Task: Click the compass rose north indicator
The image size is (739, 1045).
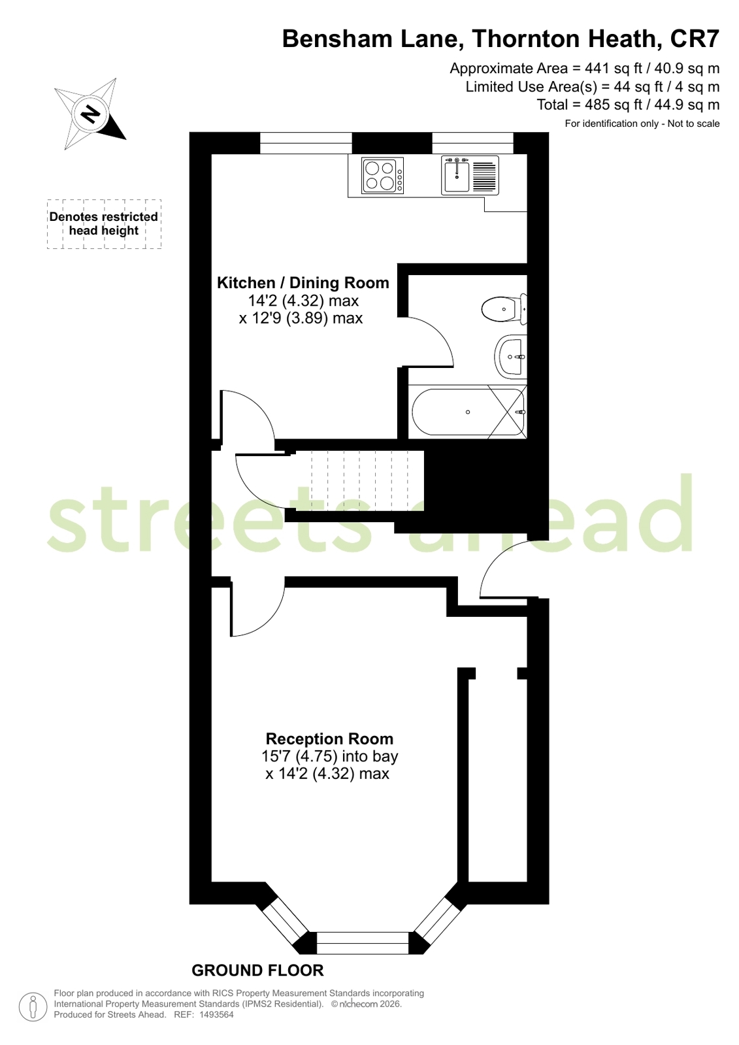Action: pos(90,114)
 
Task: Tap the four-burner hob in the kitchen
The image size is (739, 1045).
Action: pos(382,176)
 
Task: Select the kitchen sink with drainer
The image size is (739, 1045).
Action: pos(470,175)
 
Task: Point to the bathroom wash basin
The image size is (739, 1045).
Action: pos(511,357)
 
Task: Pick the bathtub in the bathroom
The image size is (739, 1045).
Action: pos(468,412)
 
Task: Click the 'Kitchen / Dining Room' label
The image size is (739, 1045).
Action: pos(303,283)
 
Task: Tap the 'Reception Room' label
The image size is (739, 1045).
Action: pos(329,738)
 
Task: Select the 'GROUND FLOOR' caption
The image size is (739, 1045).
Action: pos(257,970)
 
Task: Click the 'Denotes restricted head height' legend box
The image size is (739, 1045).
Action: pos(104,224)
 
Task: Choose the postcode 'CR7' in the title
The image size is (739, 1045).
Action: pos(695,39)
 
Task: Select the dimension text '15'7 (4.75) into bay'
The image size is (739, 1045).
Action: pos(329,755)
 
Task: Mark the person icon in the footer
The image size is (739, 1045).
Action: pos(33,1007)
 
